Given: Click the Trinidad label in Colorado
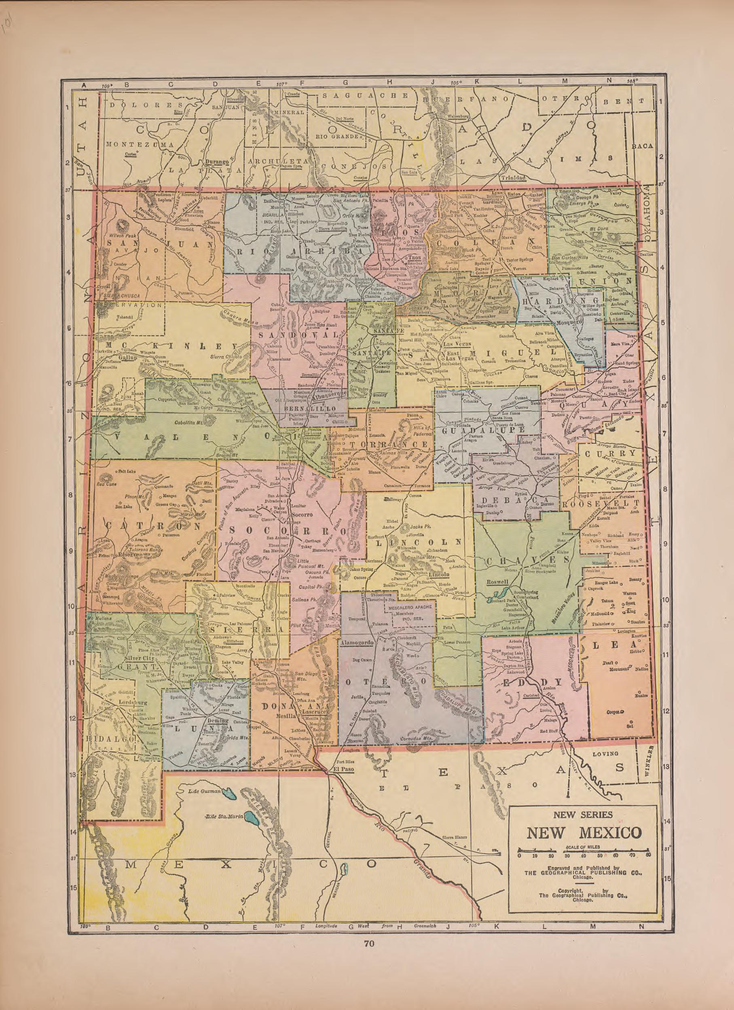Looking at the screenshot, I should [x=514, y=177].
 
